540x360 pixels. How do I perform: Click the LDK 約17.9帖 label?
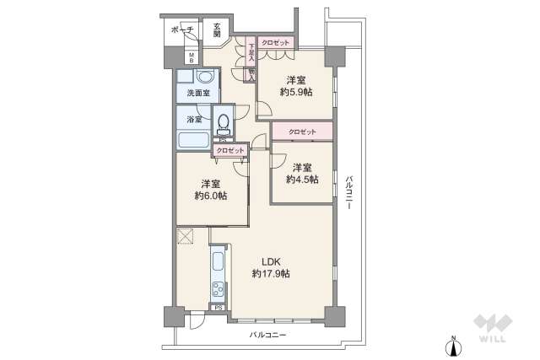click(270, 267)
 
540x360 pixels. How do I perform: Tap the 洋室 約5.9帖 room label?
click(296, 86)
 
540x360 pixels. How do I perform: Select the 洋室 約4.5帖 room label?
click(301, 173)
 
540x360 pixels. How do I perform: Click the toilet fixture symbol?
click(224, 125)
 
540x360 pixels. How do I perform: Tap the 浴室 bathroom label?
click(193, 120)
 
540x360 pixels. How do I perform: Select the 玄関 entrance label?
click(217, 30)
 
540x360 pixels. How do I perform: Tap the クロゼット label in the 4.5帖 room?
click(301, 132)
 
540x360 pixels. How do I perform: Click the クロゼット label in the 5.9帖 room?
click(275, 42)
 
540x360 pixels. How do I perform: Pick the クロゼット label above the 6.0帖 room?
click(229, 150)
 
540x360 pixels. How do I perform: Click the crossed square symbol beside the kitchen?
click(186, 237)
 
